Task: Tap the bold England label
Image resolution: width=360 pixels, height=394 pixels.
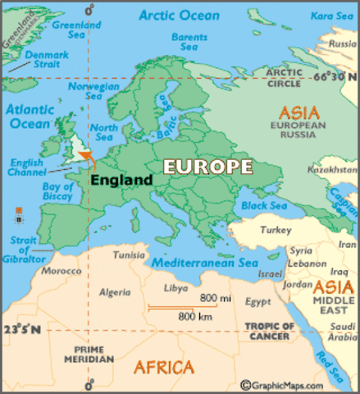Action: [x=121, y=180]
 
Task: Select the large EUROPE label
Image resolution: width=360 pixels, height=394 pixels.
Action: [x=207, y=166]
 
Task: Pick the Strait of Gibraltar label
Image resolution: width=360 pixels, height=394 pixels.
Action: [x=22, y=248]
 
